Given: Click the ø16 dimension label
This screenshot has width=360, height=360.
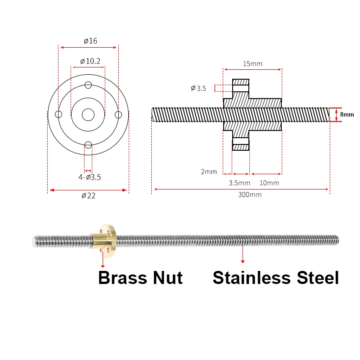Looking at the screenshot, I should coord(90,41).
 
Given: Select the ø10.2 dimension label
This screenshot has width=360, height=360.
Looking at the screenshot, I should coord(90,61).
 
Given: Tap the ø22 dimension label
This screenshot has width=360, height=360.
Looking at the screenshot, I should coord(88,195).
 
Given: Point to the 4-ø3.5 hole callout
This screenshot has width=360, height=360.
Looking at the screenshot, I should coord(90,177).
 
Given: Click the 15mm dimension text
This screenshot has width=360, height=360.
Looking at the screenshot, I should coord(252,63).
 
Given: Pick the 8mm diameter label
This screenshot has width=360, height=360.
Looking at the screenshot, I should coord(347,115).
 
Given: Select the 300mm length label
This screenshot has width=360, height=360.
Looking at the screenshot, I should coord(250,195).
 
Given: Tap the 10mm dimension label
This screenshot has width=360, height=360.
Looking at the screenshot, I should coord(269,183).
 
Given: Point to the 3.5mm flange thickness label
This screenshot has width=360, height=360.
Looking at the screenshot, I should coord(239,183).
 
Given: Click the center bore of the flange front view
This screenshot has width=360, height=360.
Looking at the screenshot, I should coord(88,115).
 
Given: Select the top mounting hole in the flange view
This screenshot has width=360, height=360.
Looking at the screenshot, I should coord(88,85).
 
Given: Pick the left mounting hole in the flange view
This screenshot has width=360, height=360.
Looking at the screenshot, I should coord(58,115).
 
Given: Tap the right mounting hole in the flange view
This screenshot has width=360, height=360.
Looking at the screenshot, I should coord(118,115).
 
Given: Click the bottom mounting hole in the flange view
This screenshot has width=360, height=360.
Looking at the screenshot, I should coord(88,144).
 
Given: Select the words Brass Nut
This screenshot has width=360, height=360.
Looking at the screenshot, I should coord(140,278).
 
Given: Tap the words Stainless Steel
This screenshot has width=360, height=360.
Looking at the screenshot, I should coord(275,278).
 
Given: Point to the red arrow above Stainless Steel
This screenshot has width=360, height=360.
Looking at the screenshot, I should coord(243,254).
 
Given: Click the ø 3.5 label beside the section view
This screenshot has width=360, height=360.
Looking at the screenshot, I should coord(198,89).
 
